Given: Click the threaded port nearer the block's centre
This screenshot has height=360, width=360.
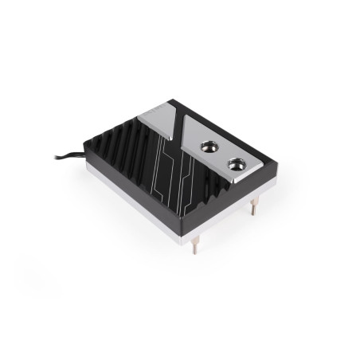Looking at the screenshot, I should pos(210,147).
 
